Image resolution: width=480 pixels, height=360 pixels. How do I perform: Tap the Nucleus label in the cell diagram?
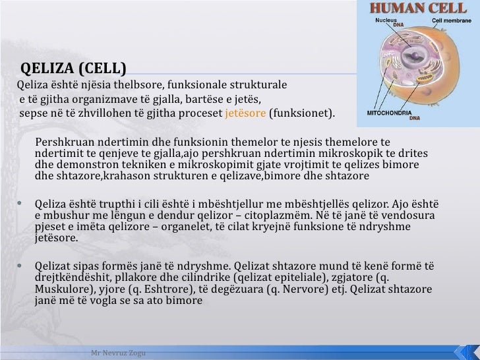point(386,20)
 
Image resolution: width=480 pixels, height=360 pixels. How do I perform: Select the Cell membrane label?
point(451,20)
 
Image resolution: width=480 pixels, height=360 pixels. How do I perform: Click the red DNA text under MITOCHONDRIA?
point(414,119)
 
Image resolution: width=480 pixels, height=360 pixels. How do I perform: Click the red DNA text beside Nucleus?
point(398,26)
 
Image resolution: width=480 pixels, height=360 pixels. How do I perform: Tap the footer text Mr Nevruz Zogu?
point(119,353)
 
